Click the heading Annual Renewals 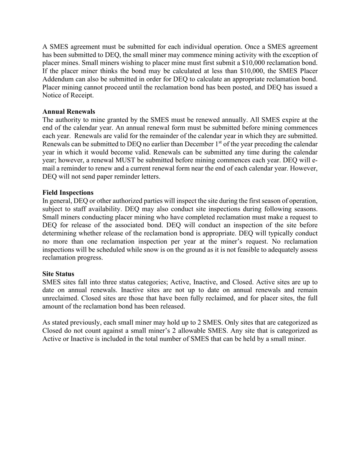click(69, 111)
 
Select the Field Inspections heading click(68, 192)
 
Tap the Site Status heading click(58, 274)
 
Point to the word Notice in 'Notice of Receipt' click(52, 95)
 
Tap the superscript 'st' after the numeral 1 click(220, 142)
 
